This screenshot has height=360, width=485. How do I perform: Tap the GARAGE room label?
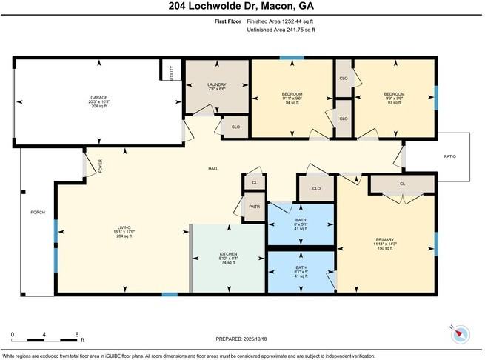coord(99,97)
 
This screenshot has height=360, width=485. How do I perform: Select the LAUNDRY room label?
coord(217,85)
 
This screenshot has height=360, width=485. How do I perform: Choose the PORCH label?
coord(37,213)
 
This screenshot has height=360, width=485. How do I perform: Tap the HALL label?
coord(213,169)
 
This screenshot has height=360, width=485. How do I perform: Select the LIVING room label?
coord(124,228)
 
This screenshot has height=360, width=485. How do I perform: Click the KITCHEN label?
coord(228,253)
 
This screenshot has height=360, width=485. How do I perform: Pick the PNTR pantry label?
coord(254,207)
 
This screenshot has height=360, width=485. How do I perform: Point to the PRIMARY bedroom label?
coord(386,239)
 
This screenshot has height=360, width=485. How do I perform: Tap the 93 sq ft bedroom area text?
coord(393,103)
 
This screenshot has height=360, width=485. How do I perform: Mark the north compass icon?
coord(461,333)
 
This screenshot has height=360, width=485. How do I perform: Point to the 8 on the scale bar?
coord(78,334)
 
